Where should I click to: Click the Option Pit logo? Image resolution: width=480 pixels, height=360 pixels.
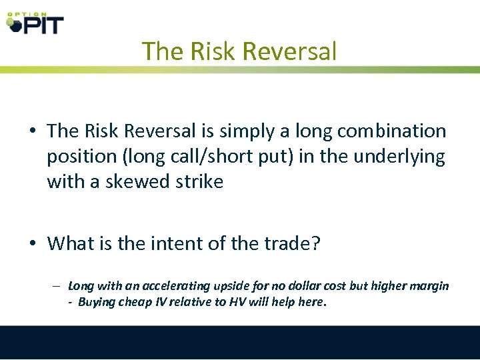(x=35, y=22)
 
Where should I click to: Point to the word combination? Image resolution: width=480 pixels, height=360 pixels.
(x=391, y=131)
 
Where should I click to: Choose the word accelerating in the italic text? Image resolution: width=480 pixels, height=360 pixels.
(x=177, y=286)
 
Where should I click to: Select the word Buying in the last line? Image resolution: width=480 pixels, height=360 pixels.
(x=96, y=301)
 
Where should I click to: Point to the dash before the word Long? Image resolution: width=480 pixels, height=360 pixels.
(x=59, y=286)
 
